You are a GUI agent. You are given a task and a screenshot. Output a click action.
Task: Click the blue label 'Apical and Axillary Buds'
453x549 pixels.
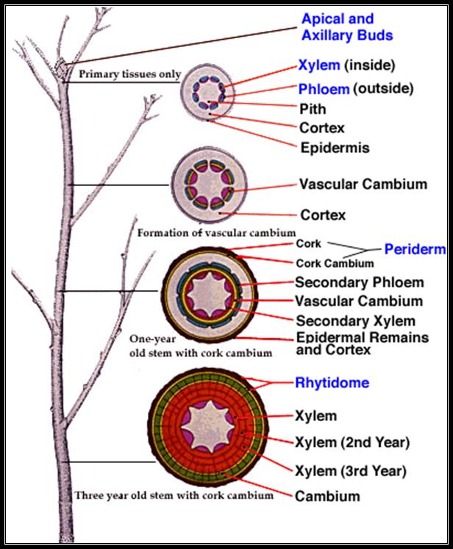[x=347, y=27]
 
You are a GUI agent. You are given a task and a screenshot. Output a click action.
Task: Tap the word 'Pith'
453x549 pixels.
[x=313, y=109]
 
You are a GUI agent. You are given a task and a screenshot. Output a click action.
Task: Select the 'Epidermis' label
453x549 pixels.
[x=335, y=148]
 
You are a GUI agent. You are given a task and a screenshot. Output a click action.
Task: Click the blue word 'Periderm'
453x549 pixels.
[x=415, y=249]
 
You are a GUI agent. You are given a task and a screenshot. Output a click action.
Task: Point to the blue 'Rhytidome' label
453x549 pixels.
[x=332, y=382]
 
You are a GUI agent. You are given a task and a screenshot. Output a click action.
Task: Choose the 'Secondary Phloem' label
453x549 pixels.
[x=360, y=282]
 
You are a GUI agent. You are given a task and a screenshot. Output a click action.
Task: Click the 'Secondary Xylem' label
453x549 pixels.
[x=356, y=320]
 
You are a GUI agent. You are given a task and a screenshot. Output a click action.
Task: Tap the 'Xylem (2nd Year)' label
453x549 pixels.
[x=352, y=442]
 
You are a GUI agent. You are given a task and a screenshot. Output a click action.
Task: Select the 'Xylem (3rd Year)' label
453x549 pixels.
[x=351, y=470]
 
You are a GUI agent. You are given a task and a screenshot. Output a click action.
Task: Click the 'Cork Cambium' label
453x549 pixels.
[x=335, y=263]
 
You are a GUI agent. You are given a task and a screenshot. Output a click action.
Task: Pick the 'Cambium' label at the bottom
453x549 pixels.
[x=327, y=496]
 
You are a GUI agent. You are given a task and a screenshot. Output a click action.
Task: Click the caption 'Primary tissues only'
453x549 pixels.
[x=129, y=74]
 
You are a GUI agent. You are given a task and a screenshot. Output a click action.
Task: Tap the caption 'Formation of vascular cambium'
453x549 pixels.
[x=216, y=233]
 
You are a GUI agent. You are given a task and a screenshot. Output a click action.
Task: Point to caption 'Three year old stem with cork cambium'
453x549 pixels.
[x=174, y=495]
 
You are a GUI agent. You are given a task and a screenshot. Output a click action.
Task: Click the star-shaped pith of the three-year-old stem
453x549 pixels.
[x=207, y=426]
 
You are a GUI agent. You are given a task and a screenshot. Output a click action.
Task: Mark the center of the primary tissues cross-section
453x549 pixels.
[x=208, y=92]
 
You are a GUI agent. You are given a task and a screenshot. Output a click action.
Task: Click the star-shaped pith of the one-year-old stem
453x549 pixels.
[x=209, y=295]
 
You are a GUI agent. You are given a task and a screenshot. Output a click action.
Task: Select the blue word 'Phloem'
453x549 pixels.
[x=324, y=89]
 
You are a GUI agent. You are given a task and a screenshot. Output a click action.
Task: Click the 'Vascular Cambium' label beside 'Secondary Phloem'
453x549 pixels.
[x=359, y=301]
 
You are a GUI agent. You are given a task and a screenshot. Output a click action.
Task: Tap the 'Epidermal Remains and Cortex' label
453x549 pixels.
[x=363, y=343]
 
